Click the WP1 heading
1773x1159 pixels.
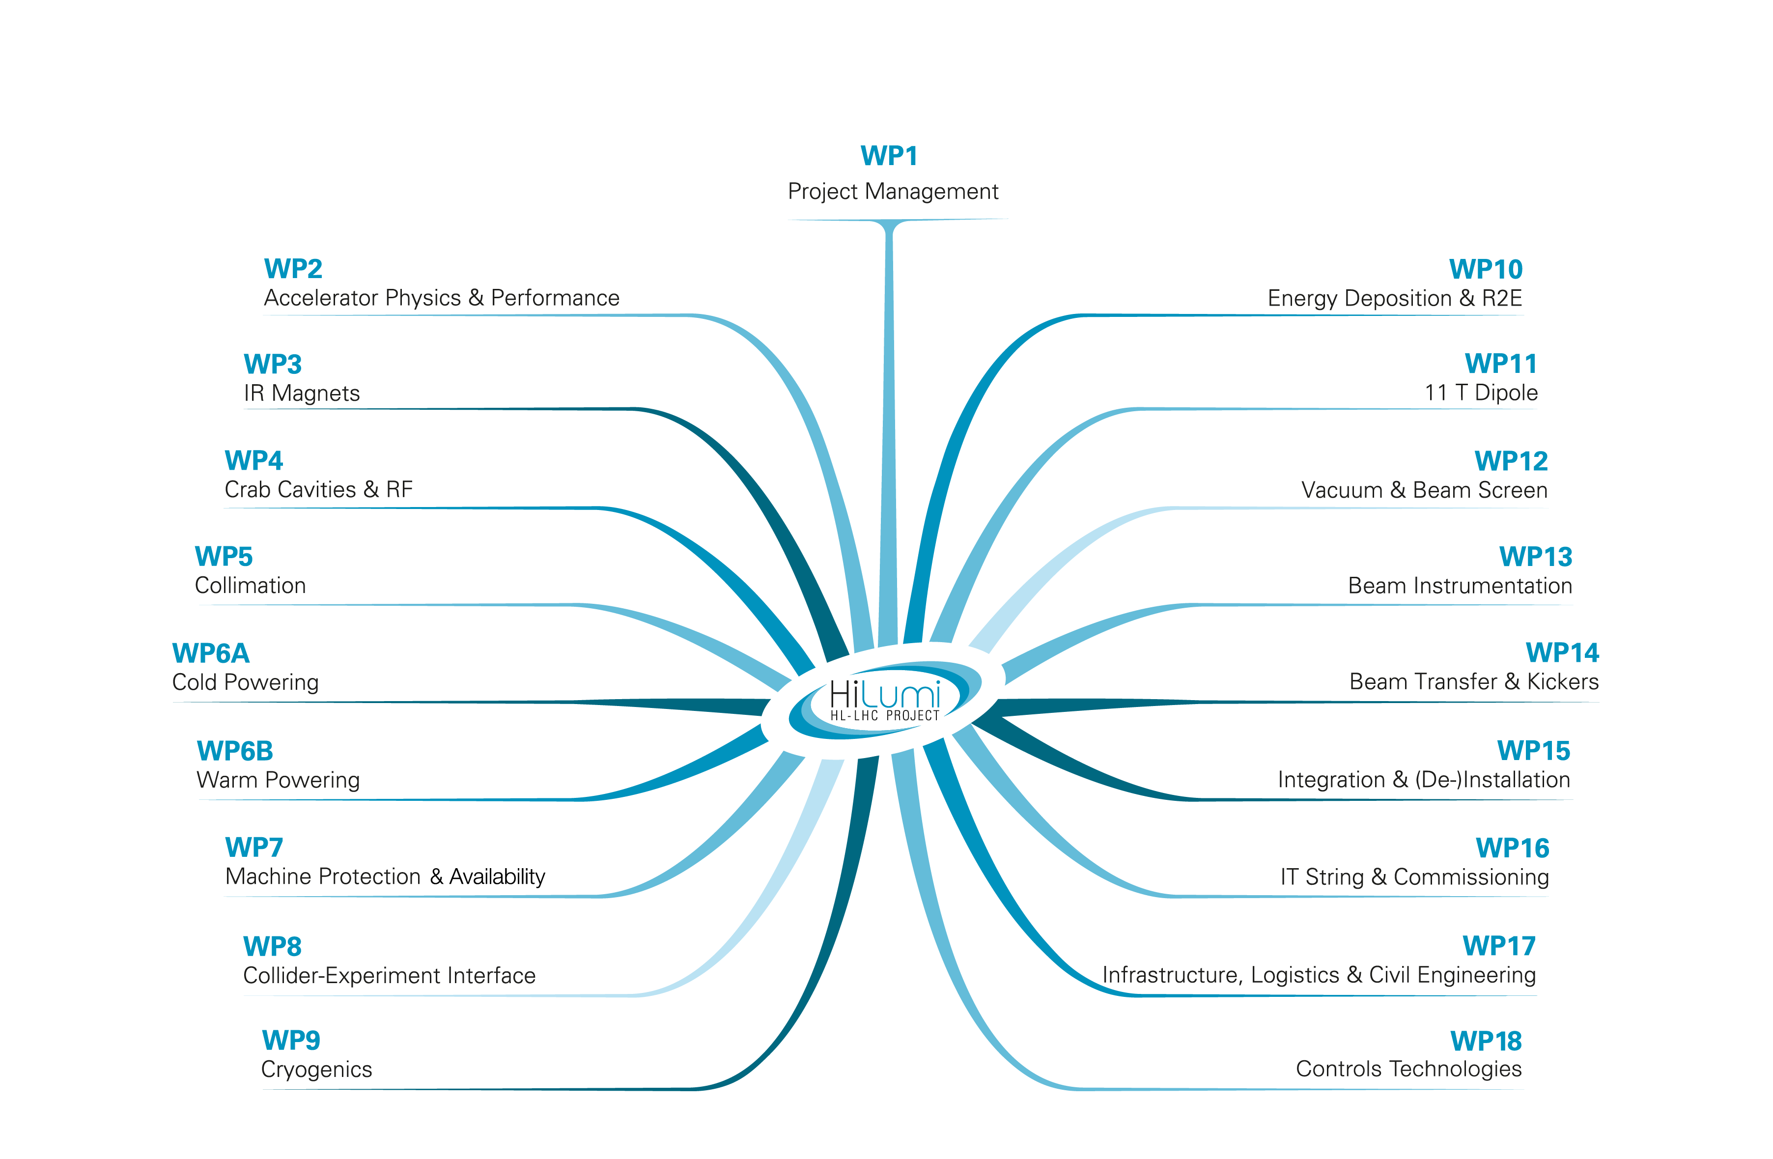pos(889,156)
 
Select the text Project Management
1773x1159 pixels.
pos(893,192)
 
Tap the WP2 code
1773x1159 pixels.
pos(293,268)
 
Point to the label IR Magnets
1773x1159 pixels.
pos(302,393)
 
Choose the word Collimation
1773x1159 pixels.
pos(251,586)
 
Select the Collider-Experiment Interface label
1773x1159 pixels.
pos(389,975)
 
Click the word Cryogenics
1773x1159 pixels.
pos(316,1070)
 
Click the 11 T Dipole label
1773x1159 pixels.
pos(1481,393)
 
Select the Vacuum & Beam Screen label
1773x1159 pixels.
pos(1424,490)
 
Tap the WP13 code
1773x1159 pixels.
pos(1535,557)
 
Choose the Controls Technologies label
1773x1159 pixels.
pos(1408,1069)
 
